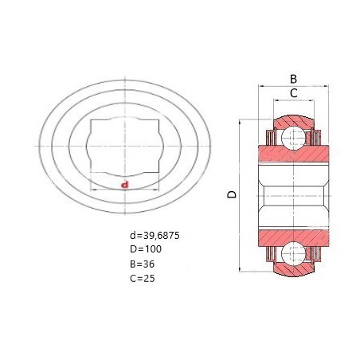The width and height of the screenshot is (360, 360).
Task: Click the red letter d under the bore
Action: (x=124, y=185)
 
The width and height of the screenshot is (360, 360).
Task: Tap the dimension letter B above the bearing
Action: (x=293, y=79)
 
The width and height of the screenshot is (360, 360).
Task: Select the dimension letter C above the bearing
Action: (x=293, y=93)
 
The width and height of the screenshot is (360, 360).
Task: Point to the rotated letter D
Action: (x=232, y=194)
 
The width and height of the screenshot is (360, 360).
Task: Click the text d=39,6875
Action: (x=155, y=236)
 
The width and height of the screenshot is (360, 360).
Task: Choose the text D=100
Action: (x=146, y=249)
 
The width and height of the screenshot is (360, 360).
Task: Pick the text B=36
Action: (x=143, y=264)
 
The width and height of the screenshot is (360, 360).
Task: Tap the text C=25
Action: (x=143, y=279)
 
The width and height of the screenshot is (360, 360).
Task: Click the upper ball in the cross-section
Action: (x=293, y=138)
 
